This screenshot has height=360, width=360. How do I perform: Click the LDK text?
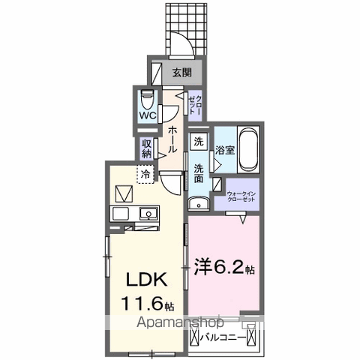pyautogui.click(x=147, y=283)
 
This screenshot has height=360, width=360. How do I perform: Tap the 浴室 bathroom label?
pyautogui.click(x=226, y=148)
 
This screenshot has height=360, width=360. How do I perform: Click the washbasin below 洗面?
pyautogui.click(x=198, y=203)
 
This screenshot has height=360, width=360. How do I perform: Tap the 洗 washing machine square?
pyautogui.click(x=198, y=141)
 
